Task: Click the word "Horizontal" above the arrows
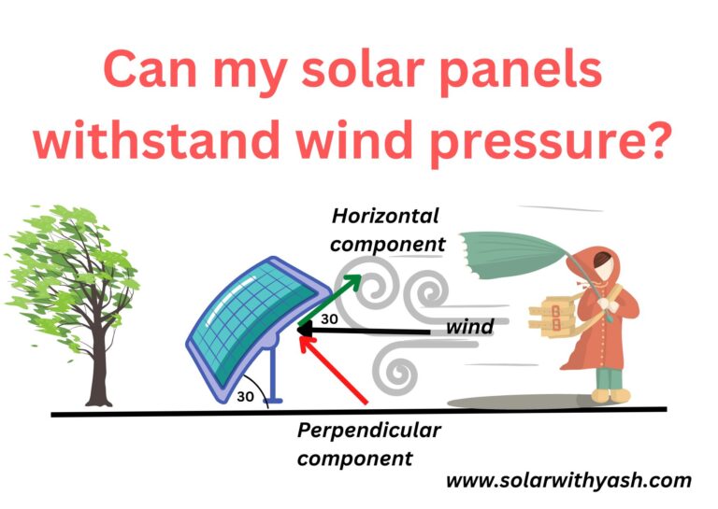[385, 217]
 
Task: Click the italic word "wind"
[469, 328]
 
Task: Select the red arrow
[337, 370]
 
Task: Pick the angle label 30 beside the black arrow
[329, 318]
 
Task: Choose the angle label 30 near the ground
[245, 396]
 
